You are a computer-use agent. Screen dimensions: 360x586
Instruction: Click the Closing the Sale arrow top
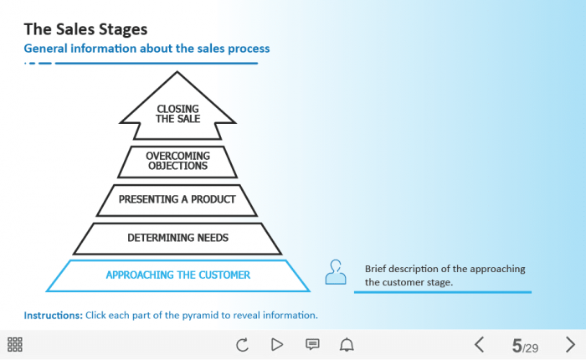[177, 112]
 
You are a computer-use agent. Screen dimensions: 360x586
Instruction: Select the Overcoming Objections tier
[177, 161]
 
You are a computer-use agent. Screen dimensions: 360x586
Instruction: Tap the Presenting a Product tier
[177, 199]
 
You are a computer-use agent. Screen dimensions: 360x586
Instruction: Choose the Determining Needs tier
[177, 238]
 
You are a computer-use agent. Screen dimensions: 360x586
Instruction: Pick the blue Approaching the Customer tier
[177, 275]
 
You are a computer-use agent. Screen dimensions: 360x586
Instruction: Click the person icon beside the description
[336, 272]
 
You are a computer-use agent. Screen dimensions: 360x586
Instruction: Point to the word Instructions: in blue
[53, 316]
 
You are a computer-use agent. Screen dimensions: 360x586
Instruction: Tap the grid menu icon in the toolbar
[15, 344]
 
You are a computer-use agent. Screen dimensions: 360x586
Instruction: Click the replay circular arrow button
[243, 344]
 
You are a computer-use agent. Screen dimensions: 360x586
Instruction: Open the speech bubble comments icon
[312, 344]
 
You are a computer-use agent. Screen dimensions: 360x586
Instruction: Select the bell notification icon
[347, 344]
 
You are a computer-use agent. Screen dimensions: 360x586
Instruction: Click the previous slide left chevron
[480, 344]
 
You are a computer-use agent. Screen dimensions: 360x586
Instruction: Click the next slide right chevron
[570, 344]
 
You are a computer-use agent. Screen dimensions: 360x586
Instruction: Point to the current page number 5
[517, 345]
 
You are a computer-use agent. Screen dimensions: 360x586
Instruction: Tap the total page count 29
[531, 347]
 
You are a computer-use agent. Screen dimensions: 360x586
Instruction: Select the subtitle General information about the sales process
[146, 49]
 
